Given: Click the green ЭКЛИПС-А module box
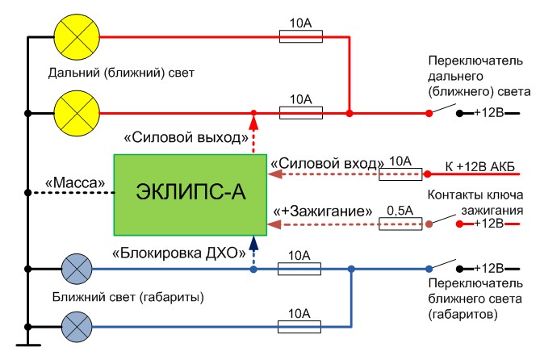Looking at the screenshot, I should click(190, 190).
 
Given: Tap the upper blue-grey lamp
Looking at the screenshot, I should click(77, 269).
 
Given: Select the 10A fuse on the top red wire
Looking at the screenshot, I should click(301, 36).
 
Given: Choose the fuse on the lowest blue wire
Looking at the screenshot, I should click(299, 326).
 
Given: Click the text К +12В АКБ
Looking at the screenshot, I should click(481, 167).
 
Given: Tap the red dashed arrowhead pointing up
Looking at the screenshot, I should click(253, 122).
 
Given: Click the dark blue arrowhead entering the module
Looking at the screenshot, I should click(253, 240).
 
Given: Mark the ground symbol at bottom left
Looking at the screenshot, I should click(27, 345).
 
